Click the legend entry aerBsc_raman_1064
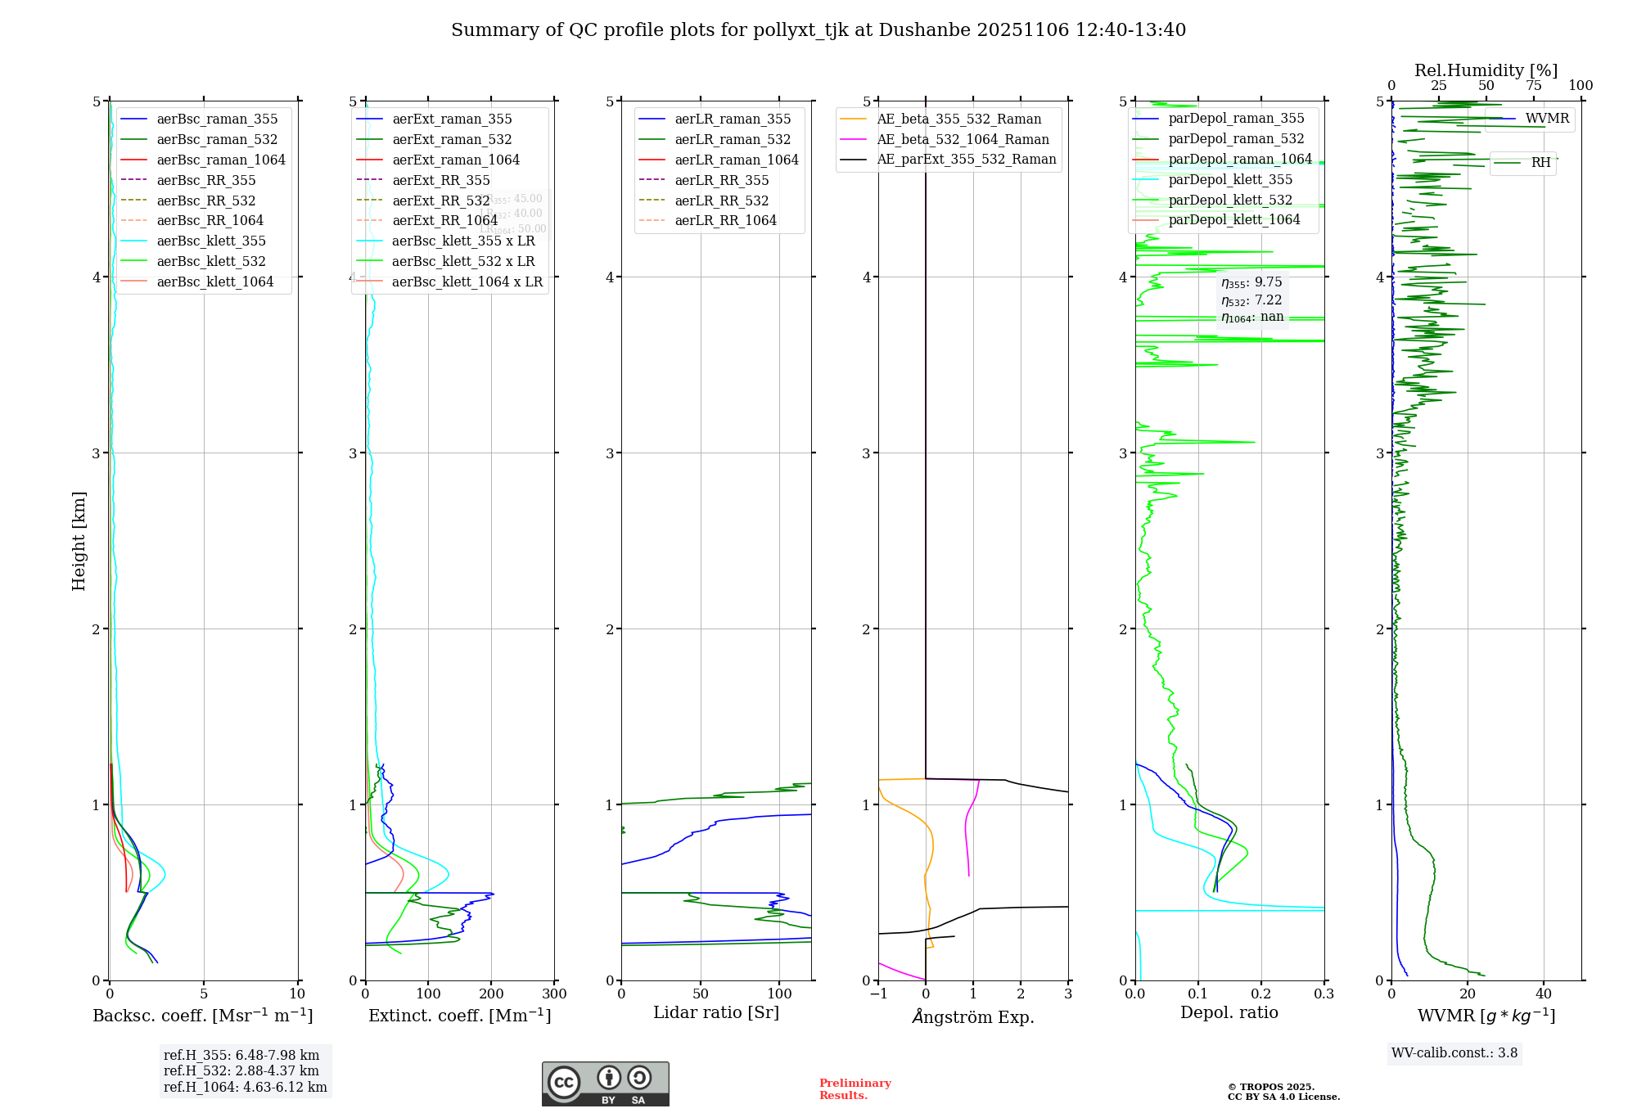coord(221,160)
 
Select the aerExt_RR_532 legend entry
coord(440,201)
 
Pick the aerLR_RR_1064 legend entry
coord(725,220)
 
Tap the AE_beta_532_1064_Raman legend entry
coord(963,139)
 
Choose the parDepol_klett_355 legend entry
coord(1230,179)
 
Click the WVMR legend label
coord(1547,119)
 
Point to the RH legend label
coord(1540,163)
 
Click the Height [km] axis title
coord(79,541)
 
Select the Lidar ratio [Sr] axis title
coord(716,1012)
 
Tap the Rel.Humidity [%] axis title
coord(1486,70)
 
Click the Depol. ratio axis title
coord(1229,1012)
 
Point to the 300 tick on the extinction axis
coord(554,994)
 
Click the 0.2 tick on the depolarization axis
coord(1261,994)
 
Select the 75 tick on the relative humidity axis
coord(1534,86)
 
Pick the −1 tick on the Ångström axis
coord(878,994)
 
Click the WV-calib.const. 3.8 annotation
coord(1454,1053)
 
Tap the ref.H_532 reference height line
coord(241,1071)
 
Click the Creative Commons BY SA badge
coord(605,1084)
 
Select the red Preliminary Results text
coord(855,1089)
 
